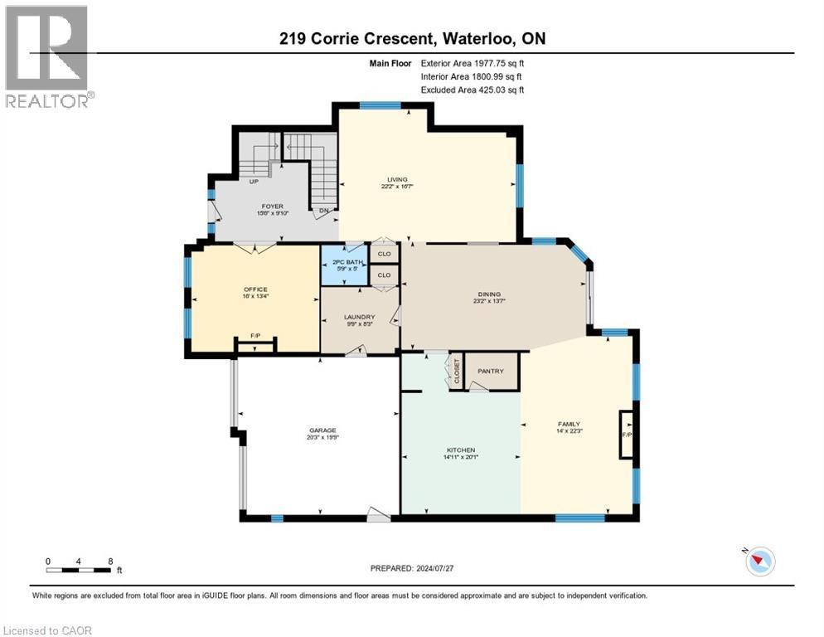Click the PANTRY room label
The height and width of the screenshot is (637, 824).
[x=491, y=371]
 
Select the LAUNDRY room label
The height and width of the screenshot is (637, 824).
[x=360, y=317]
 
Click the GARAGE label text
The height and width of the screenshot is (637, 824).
[x=322, y=430]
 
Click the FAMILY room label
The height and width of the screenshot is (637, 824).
[x=569, y=424]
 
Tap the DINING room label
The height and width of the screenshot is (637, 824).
[x=489, y=294]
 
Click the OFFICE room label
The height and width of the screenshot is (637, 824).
[x=255, y=289]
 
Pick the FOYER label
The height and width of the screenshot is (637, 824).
[x=272, y=207]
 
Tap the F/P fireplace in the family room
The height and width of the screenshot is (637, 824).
[x=626, y=434]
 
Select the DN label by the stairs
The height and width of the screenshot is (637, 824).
[x=325, y=211]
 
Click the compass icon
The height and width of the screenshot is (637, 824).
[x=759, y=562]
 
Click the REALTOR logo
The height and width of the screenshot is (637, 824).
[x=48, y=56]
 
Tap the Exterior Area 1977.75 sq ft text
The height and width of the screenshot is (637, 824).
[x=473, y=61]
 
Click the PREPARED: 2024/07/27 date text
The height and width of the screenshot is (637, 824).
[x=413, y=568]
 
